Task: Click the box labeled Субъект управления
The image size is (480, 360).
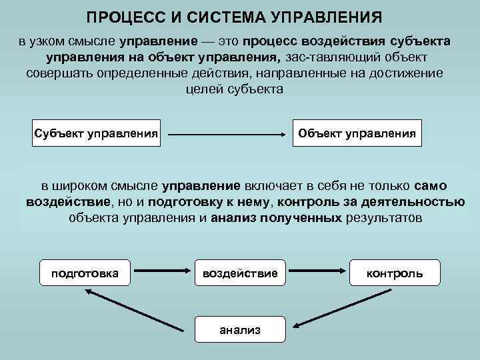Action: coord(96,133)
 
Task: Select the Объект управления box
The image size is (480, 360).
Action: coord(357,133)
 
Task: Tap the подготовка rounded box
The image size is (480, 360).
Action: coord(85,273)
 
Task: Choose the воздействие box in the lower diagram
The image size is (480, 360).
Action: coord(240,273)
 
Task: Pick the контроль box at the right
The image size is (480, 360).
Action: coord(394,273)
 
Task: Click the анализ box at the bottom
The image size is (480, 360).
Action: coord(240,329)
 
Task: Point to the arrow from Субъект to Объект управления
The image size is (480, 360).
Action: coord(226,134)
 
